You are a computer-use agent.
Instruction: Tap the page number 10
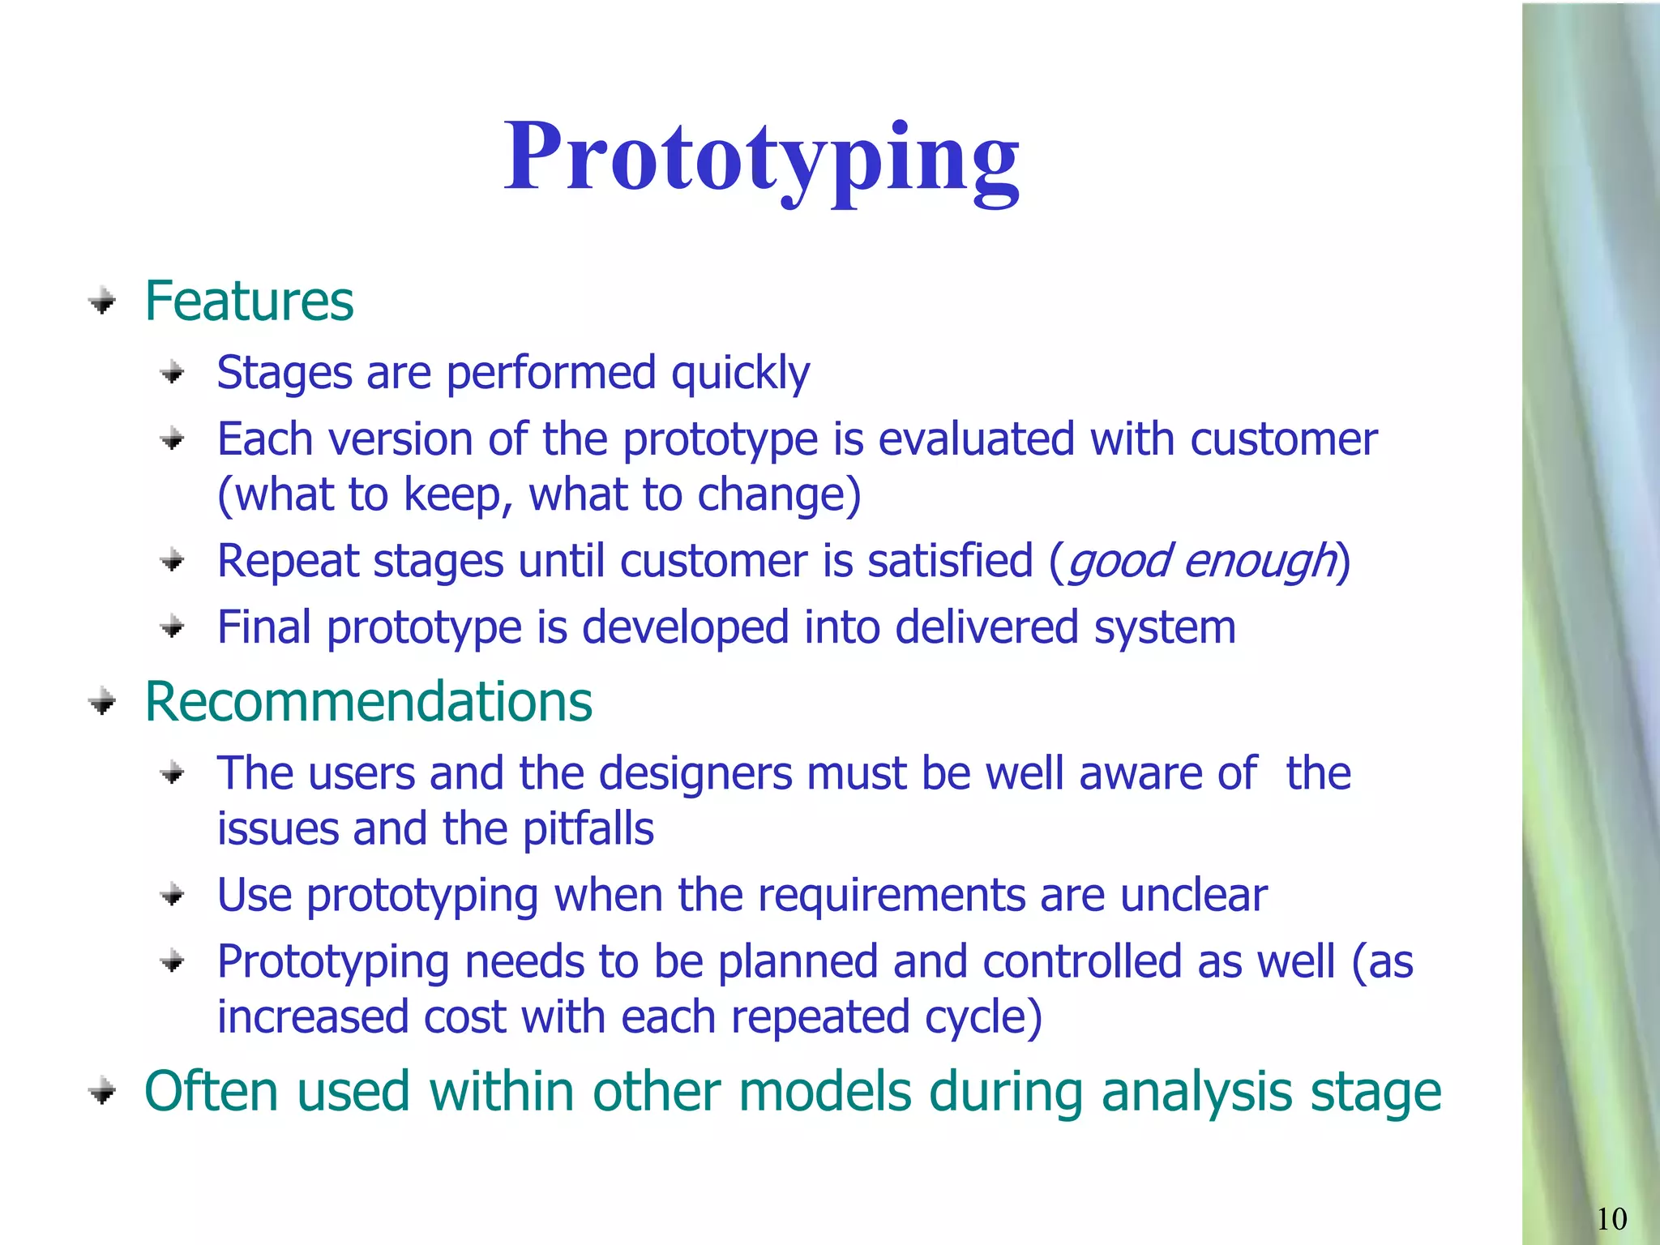[x=1611, y=1218]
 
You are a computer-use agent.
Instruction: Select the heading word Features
[x=249, y=302]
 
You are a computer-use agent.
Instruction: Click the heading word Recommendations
[x=368, y=702]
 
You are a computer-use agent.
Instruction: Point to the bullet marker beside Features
[x=102, y=302]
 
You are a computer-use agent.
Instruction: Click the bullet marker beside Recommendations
[x=102, y=702]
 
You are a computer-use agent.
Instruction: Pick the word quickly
[x=740, y=374]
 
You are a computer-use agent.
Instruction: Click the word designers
[x=695, y=773]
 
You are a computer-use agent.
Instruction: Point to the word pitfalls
[x=588, y=829]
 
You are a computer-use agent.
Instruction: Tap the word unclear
[x=1193, y=896]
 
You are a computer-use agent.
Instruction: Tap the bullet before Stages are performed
[x=173, y=374]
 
